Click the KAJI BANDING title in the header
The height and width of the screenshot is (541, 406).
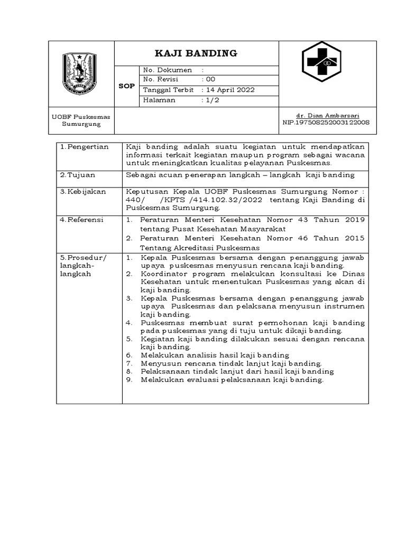(x=196, y=53)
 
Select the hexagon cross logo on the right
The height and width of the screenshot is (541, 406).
(x=321, y=62)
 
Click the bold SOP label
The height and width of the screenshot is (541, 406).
(x=126, y=86)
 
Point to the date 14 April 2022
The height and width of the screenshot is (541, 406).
(x=230, y=90)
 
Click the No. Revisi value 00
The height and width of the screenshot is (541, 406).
(x=210, y=80)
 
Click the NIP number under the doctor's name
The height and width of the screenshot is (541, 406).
(x=326, y=123)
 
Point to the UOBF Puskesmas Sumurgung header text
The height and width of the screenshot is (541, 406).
(x=81, y=120)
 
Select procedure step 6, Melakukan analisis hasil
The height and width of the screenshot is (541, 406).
(x=215, y=355)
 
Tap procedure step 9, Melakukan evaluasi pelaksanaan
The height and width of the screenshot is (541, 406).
(x=232, y=380)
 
